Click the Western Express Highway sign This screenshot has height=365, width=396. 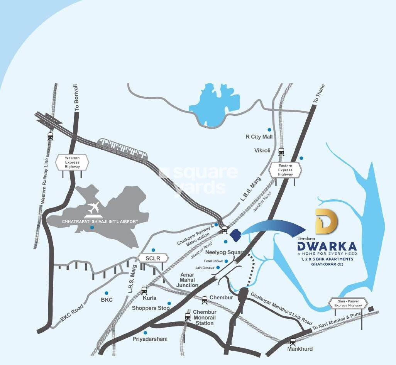click(72, 162)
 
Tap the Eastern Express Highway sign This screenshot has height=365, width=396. click(285, 170)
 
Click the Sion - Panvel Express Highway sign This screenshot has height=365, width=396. click(348, 303)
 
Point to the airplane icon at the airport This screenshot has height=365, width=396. click(93, 208)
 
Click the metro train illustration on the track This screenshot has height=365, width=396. click(122, 148)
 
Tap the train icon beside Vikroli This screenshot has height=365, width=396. click(281, 151)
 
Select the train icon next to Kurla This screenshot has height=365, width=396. click(144, 290)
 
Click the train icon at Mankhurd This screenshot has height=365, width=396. click(293, 341)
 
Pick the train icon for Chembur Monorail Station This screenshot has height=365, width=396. click(188, 316)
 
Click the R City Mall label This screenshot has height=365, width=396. click(259, 137)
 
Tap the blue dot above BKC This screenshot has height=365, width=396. click(107, 293)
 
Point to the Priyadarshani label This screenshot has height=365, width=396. click(150, 339)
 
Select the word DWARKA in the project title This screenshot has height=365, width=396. click(327, 245)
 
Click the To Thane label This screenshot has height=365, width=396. click(316, 94)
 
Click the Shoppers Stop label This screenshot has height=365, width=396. click(151, 308)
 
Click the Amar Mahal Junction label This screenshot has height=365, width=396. click(187, 279)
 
